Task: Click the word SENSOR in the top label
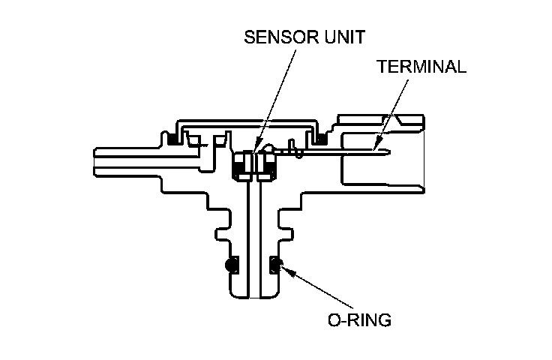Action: click(x=270, y=37)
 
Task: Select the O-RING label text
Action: click(x=360, y=320)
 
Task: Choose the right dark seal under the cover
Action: click(x=323, y=137)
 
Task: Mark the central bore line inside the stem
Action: click(x=253, y=240)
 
